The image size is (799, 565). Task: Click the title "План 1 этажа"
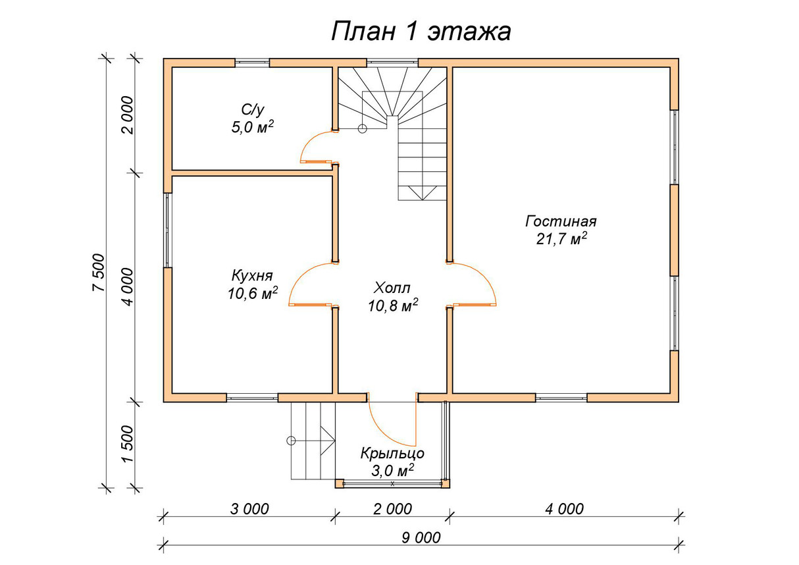point(421,32)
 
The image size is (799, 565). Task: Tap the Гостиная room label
point(561,221)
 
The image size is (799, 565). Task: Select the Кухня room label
point(252,275)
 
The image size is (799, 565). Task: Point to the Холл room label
point(392,288)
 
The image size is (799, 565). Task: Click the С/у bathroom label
point(253,110)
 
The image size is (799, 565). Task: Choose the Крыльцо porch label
point(392,454)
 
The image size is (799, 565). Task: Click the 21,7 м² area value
point(561,239)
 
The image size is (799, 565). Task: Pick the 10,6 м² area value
point(253,294)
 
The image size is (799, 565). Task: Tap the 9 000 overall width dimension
point(421,538)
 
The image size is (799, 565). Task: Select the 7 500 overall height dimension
point(99,273)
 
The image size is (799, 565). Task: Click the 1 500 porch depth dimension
point(128,444)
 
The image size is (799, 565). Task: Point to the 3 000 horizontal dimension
point(249,509)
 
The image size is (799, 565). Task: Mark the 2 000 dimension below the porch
point(392,509)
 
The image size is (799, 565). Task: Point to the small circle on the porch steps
point(291,441)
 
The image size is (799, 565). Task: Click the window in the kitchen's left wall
point(168,230)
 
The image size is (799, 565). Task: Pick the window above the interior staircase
point(392,63)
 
